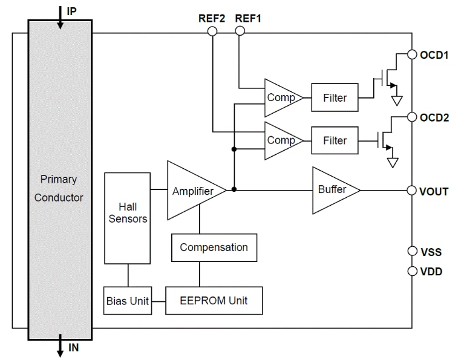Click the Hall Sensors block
[x=127, y=213]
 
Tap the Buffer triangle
[x=333, y=190]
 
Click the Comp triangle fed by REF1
[x=282, y=98]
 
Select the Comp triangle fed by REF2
[x=282, y=140]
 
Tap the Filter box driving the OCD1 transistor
[x=334, y=98]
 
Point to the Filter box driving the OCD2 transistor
[x=334, y=140]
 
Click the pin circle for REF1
[x=240, y=30]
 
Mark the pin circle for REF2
[x=212, y=30]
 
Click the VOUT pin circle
[x=412, y=191]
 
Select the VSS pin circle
[x=412, y=251]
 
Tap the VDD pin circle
[x=412, y=271]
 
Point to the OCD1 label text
[x=434, y=54]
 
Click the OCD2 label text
[x=434, y=117]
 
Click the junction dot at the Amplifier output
[x=234, y=190]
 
